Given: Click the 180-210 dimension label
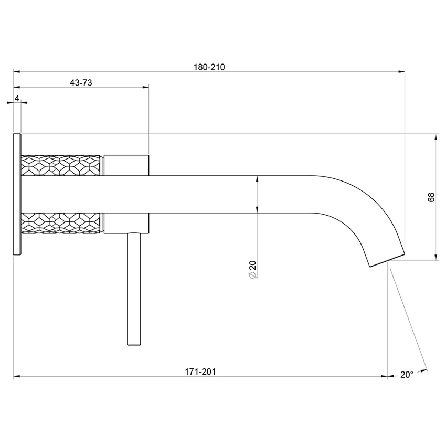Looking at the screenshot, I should click(209, 67).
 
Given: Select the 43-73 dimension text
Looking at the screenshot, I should click(81, 83).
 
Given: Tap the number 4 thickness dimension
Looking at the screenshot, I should click(17, 98).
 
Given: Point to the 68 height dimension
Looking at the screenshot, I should click(431, 197).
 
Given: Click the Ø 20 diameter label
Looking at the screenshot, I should click(252, 269).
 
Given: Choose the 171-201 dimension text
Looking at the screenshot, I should click(200, 371).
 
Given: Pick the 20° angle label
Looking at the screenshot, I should click(407, 374).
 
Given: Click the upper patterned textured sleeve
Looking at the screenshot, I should click(61, 165).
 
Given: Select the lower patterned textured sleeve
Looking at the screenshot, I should click(61, 223).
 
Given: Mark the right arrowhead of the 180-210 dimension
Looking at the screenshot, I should click(402, 72).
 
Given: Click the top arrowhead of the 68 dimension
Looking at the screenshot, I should click(435, 138).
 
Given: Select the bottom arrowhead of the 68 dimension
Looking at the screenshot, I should click(435, 257).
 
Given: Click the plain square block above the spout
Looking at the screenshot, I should click(126, 165).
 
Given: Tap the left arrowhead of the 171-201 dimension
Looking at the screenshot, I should click(17, 376).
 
